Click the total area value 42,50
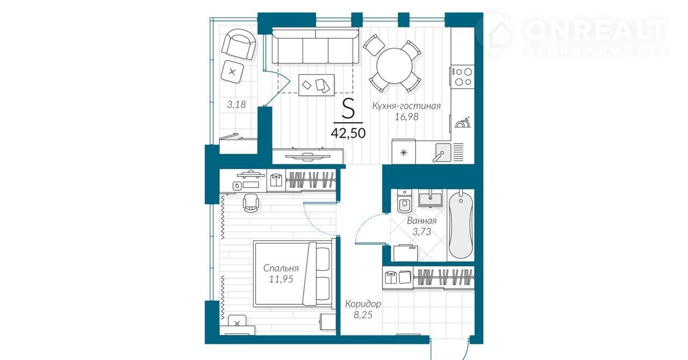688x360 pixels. click(x=348, y=133)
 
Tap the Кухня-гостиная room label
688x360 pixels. click(x=406, y=106)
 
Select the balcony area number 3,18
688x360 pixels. click(x=236, y=104)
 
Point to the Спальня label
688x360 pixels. click(x=281, y=268)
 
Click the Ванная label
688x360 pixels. click(x=422, y=220)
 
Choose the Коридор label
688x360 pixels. click(x=363, y=304)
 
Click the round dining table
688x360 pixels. click(x=395, y=66)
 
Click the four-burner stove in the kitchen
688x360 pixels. click(x=463, y=76)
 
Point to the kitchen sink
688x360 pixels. click(x=443, y=153)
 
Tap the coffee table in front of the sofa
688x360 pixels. click(x=317, y=85)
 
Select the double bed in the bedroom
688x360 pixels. click(x=293, y=274)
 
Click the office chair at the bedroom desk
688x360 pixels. click(x=251, y=203)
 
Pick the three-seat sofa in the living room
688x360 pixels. click(x=316, y=46)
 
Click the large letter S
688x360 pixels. click(x=348, y=109)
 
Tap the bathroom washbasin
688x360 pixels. click(x=431, y=197)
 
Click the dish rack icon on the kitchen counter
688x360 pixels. click(x=463, y=123)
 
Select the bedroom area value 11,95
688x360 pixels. click(x=281, y=279)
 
